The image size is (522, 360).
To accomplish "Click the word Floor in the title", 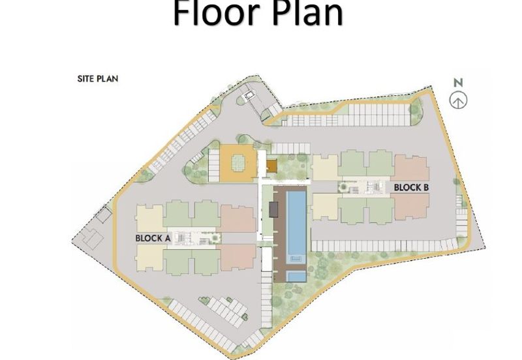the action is click(x=216, y=12).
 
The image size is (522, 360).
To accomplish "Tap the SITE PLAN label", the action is click(x=98, y=79).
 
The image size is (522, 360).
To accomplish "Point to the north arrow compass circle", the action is click(x=459, y=100).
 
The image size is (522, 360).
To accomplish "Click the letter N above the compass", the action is click(x=459, y=83).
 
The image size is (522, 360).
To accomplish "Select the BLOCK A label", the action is click(x=153, y=238).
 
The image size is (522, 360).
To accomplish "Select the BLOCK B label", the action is click(x=411, y=188).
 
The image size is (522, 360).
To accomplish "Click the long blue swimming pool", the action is click(x=296, y=222).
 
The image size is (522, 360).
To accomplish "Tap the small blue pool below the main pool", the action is click(x=296, y=277).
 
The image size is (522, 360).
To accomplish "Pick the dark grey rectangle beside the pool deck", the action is click(x=274, y=209).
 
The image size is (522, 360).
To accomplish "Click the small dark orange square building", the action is click(x=271, y=166).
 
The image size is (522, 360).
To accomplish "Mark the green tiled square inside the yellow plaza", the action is click(x=238, y=162).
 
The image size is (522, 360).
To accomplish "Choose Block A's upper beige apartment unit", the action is click(x=149, y=218).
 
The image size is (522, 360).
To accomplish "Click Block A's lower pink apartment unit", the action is click(x=237, y=257).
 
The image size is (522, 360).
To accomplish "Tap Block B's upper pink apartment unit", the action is click(x=412, y=168).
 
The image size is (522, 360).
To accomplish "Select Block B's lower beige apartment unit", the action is click(x=326, y=207).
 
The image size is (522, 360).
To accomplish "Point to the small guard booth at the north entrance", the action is click(x=249, y=97).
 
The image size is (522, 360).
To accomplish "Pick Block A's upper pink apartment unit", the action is click(x=238, y=218).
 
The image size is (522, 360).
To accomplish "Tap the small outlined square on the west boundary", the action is click(x=104, y=215).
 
